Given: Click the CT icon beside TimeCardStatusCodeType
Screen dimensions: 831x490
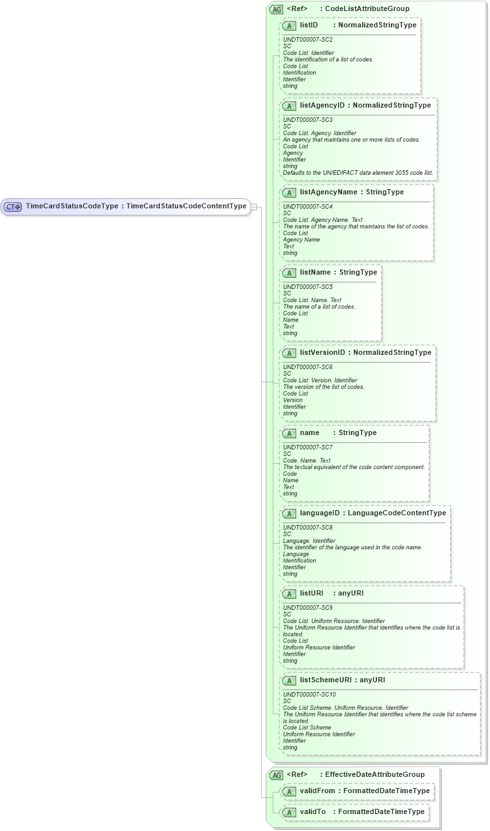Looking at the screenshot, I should [x=13, y=207].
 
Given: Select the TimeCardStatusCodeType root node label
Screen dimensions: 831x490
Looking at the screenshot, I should [x=72, y=206].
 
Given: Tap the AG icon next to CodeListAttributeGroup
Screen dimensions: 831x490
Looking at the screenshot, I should [x=277, y=9].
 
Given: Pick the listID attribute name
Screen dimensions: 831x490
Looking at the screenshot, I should [x=309, y=25].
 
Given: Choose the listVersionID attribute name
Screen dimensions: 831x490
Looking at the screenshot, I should [x=322, y=353].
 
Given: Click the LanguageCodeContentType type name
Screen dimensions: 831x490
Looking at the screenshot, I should [x=397, y=513].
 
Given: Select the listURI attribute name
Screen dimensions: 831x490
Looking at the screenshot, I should [x=311, y=594].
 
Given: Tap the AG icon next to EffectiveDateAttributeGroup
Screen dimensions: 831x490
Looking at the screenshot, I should [x=277, y=775].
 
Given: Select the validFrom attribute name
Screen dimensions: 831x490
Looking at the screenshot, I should [x=318, y=791].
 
